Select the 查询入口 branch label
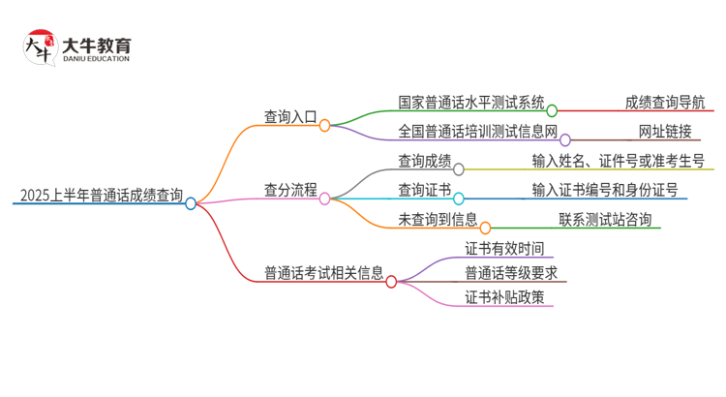(290, 116)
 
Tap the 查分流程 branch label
(290, 190)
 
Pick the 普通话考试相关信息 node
(324, 272)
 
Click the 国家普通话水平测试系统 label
(471, 103)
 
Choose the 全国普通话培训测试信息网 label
(478, 131)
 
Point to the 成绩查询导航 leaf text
(665, 103)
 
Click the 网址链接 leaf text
(665, 131)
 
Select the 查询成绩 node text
(424, 161)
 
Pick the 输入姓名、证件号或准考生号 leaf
(618, 161)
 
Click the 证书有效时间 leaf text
(498, 247)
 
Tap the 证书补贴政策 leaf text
(498, 297)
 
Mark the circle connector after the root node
(191, 203)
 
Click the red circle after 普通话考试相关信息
(391, 282)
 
